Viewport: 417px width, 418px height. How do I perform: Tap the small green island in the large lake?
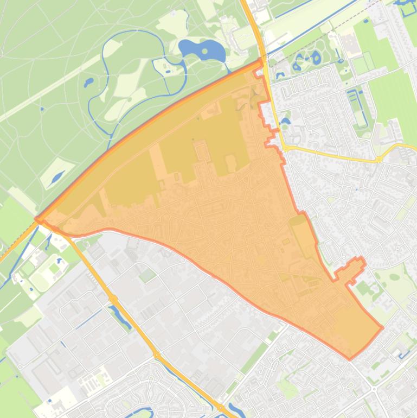(x=205, y=52)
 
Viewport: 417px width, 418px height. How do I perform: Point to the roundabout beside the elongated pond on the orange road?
(x=113, y=299)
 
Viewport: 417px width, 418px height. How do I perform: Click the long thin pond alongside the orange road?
(x=120, y=317)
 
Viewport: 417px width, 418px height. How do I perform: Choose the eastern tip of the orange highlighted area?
(x=382, y=327)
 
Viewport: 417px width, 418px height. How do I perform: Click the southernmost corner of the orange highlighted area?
(x=350, y=359)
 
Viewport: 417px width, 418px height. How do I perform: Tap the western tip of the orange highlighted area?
(x=36, y=220)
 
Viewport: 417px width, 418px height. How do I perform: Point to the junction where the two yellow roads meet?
(x=286, y=147)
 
